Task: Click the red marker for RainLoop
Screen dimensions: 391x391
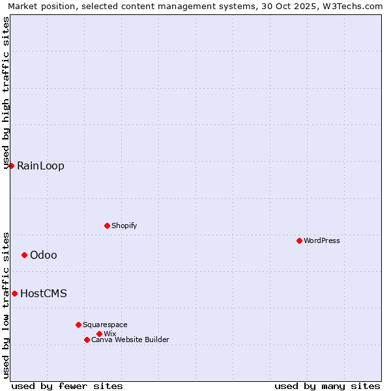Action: (11, 166)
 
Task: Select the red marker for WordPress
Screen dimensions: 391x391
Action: (299, 240)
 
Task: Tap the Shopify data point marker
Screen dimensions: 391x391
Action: (107, 225)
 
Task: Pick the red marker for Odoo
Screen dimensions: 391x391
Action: (24, 255)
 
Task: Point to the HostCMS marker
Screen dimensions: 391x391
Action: (14, 293)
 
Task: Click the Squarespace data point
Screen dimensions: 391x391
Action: (78, 325)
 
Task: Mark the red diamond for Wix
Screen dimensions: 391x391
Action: (99, 334)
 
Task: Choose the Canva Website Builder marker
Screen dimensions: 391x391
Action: (87, 340)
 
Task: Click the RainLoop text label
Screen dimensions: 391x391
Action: (40, 166)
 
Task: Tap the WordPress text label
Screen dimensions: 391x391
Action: (322, 240)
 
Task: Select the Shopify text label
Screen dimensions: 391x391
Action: (124, 225)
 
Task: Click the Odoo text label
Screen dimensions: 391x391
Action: (44, 255)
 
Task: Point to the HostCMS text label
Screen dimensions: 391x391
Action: (44, 293)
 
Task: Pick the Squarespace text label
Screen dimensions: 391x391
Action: (105, 325)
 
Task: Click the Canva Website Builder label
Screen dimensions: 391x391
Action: (130, 340)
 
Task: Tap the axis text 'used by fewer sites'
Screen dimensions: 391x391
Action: (67, 386)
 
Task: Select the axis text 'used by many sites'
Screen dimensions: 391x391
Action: (327, 386)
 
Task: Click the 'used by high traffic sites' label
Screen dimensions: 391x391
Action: (7, 93)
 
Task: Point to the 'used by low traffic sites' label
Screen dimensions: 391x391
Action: (7, 304)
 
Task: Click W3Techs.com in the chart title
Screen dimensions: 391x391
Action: (353, 6)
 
